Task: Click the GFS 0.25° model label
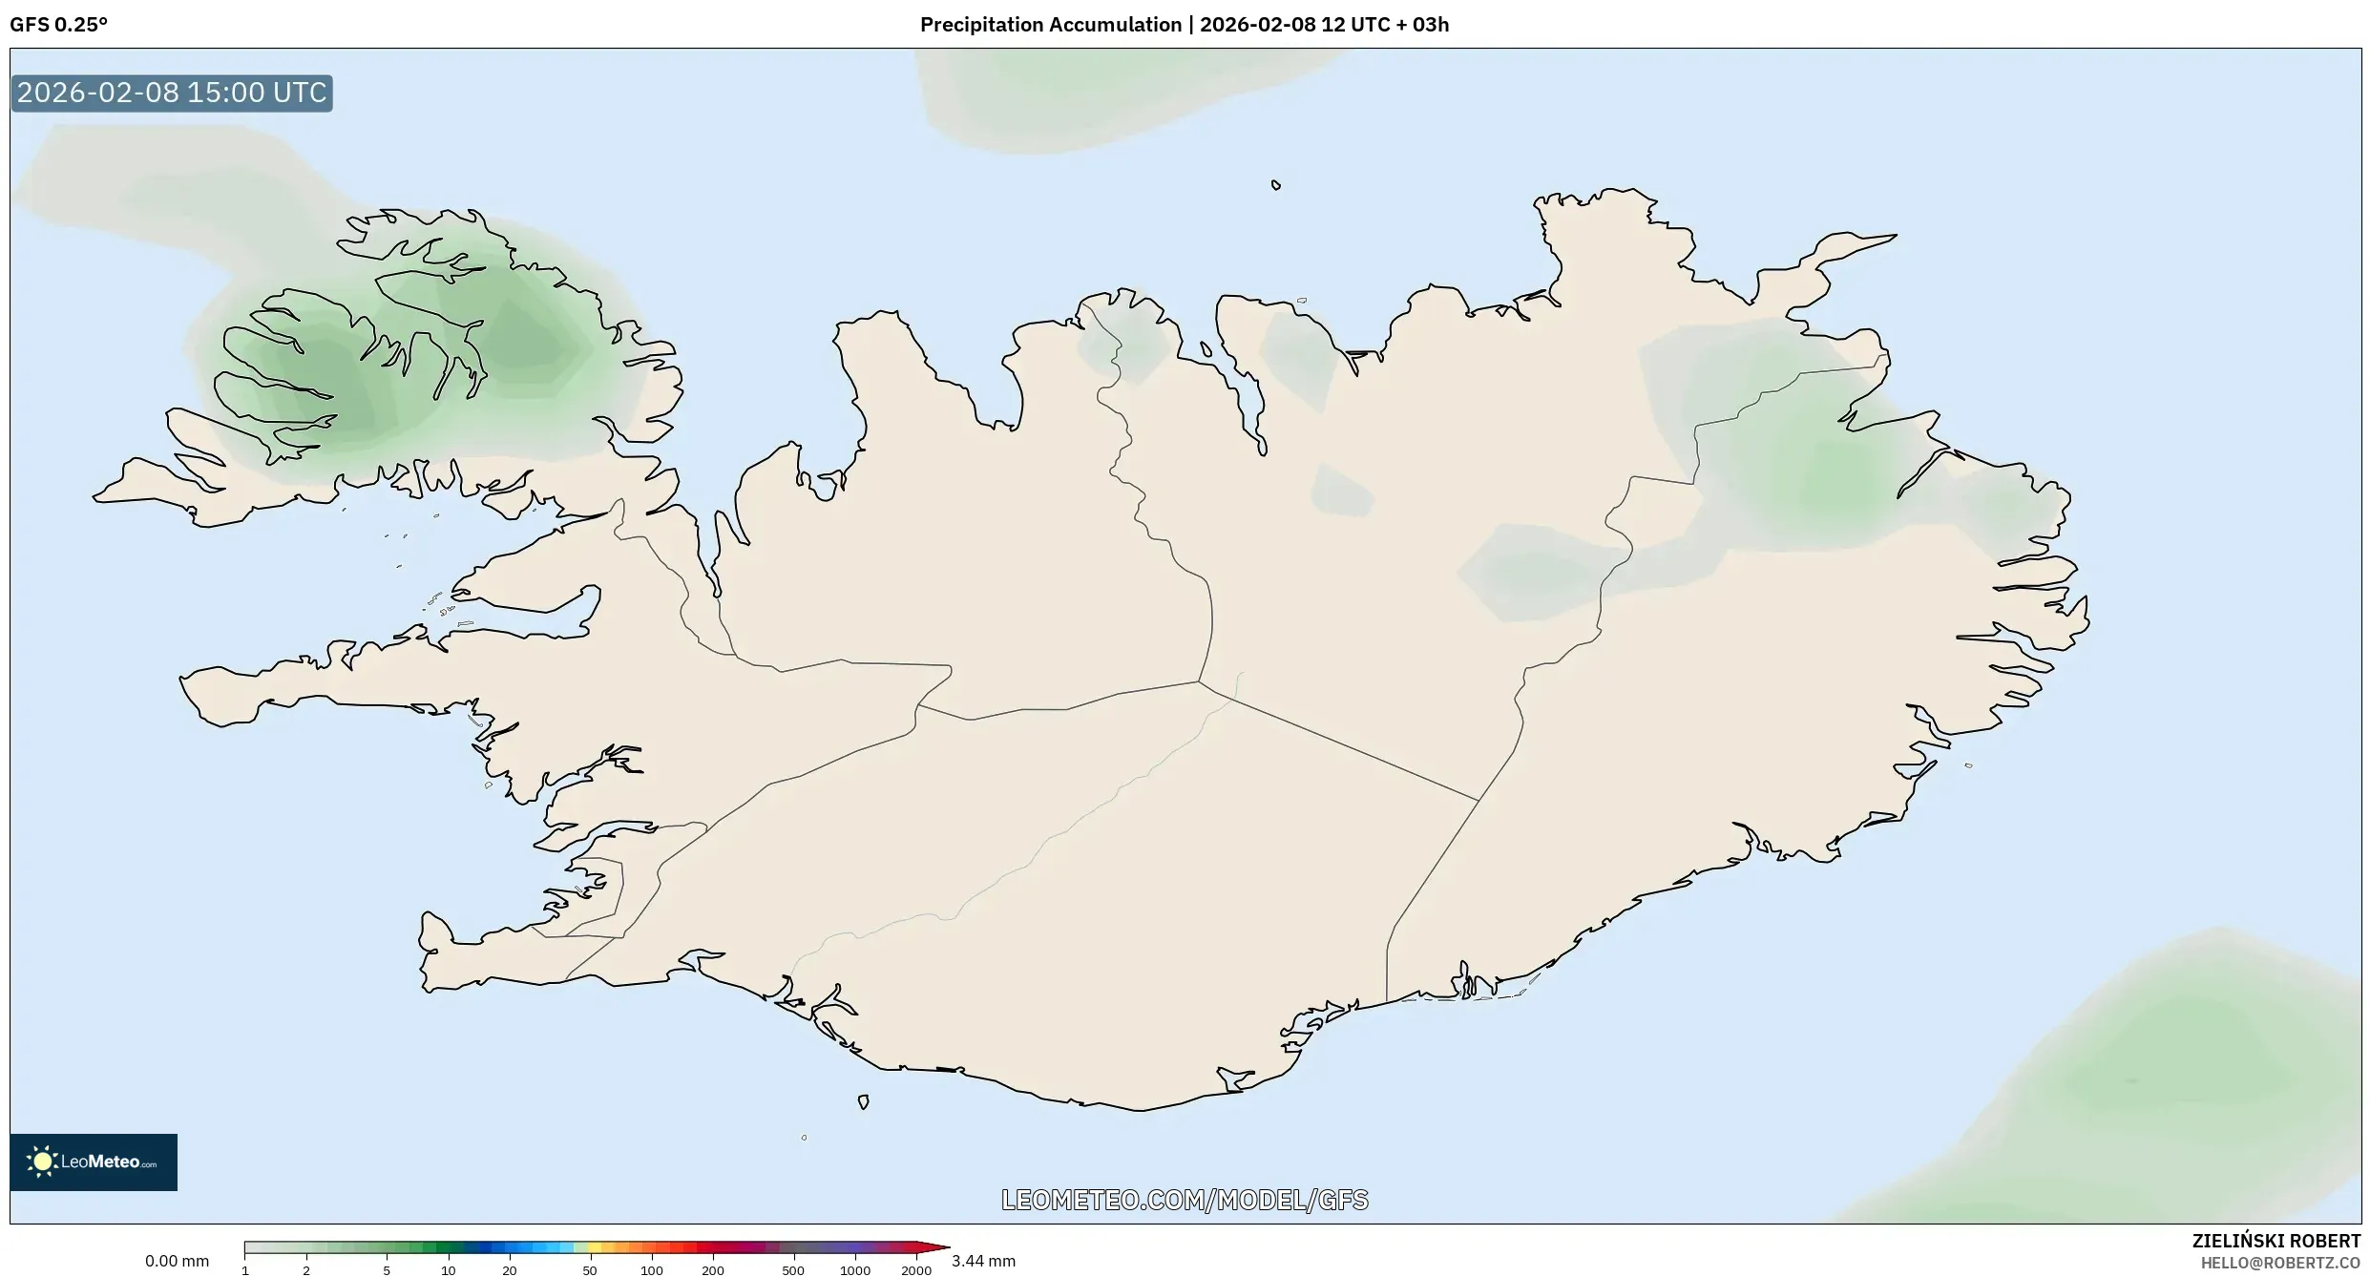pos(58,25)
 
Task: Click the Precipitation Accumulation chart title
pos(1184,25)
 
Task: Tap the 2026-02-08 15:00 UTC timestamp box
pos(172,94)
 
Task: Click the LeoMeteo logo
pos(94,1162)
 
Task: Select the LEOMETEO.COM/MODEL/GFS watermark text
pos(1185,1200)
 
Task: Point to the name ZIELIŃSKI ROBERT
pos(2276,1242)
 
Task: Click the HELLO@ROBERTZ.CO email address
pos(2280,1263)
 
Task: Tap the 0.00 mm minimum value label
pos(177,1262)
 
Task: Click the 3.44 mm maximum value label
pos(983,1262)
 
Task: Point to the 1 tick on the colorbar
pos(245,1270)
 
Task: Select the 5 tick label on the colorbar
pos(387,1270)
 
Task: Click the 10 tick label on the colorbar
pos(448,1270)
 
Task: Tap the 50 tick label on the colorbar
pos(590,1270)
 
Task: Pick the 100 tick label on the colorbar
pos(651,1270)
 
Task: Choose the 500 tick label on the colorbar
pos(793,1270)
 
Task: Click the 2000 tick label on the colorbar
pos(916,1270)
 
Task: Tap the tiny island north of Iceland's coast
pos(1276,185)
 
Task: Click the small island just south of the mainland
pos(863,1102)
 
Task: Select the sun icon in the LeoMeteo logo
pos(42,1162)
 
